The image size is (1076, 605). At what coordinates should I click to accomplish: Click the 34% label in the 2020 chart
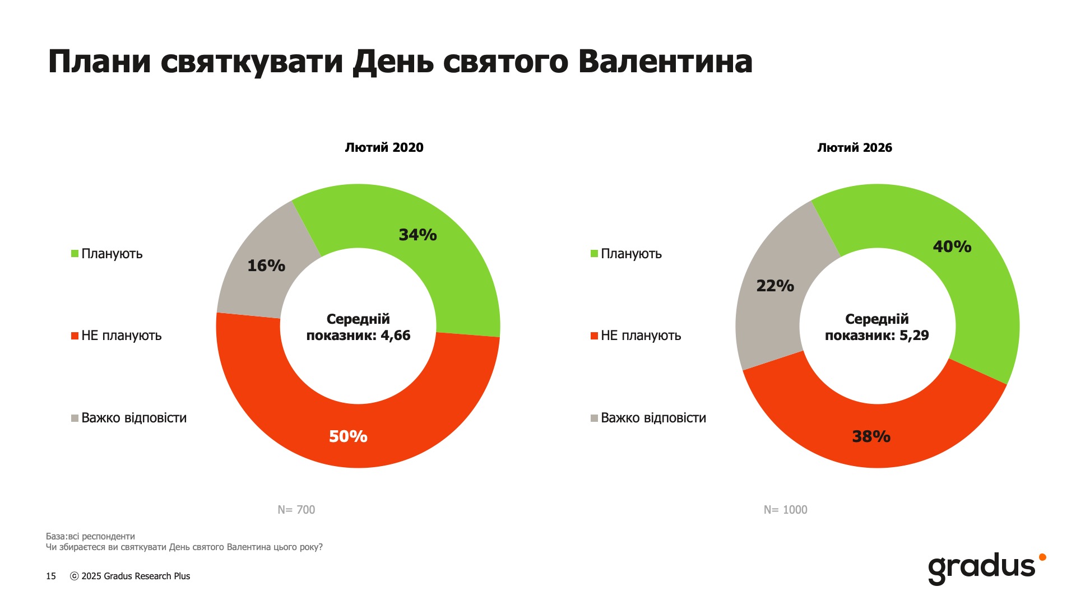[418, 235]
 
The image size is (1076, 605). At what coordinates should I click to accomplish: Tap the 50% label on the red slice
[348, 436]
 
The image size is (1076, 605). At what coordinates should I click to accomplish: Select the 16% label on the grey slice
[266, 266]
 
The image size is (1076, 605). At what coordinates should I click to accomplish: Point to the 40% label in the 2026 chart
[952, 246]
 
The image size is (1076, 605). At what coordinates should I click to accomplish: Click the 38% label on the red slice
[871, 436]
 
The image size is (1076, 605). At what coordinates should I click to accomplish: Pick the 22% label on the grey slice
[775, 286]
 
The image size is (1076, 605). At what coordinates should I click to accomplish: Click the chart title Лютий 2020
[384, 147]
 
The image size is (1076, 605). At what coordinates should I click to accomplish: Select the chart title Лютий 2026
[854, 147]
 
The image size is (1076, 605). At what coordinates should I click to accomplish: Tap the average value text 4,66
[396, 336]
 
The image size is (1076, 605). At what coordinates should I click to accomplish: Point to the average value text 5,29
[914, 336]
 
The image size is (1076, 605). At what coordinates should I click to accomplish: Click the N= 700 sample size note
[296, 510]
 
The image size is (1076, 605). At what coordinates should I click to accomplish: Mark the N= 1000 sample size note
[785, 510]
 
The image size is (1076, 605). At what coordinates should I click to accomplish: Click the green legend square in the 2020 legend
[75, 254]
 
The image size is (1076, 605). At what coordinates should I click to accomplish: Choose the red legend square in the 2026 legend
[594, 336]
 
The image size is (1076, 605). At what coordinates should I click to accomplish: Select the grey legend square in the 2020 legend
[75, 418]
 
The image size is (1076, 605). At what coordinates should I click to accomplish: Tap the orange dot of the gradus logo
[1042, 557]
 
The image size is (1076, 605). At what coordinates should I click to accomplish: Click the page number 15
[51, 576]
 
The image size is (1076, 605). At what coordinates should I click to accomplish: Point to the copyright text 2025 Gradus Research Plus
[135, 576]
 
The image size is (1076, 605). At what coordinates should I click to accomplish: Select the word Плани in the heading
[99, 62]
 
